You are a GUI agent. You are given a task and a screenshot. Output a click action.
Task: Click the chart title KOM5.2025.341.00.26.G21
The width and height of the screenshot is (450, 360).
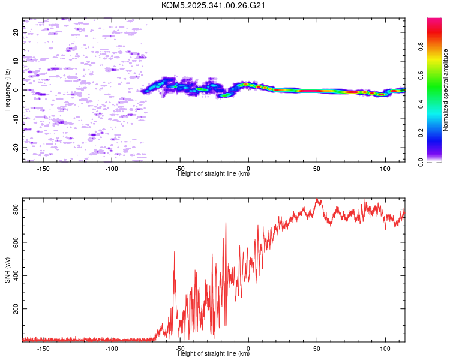click(x=214, y=5)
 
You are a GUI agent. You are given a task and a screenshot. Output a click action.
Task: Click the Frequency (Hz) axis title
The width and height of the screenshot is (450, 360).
click(x=7, y=90)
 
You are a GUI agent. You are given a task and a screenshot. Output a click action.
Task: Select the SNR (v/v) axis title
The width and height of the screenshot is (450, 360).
click(x=7, y=272)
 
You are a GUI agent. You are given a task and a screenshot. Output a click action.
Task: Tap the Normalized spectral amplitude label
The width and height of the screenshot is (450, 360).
click(x=446, y=90)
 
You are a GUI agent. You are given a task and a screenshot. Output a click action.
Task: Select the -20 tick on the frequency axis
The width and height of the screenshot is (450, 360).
click(x=16, y=147)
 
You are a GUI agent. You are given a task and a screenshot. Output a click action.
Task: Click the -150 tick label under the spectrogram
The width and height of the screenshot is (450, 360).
click(x=43, y=169)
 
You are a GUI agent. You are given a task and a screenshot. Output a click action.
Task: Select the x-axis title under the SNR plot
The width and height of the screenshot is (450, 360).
click(x=214, y=354)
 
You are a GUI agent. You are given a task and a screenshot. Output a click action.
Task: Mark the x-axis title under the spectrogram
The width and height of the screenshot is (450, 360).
click(x=214, y=174)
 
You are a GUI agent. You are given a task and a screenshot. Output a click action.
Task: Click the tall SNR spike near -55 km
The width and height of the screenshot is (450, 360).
click(x=174, y=253)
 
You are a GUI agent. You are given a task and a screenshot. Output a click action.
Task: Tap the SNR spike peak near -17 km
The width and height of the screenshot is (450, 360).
click(x=226, y=223)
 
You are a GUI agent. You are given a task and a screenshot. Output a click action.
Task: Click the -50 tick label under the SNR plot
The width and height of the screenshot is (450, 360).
click(x=180, y=348)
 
